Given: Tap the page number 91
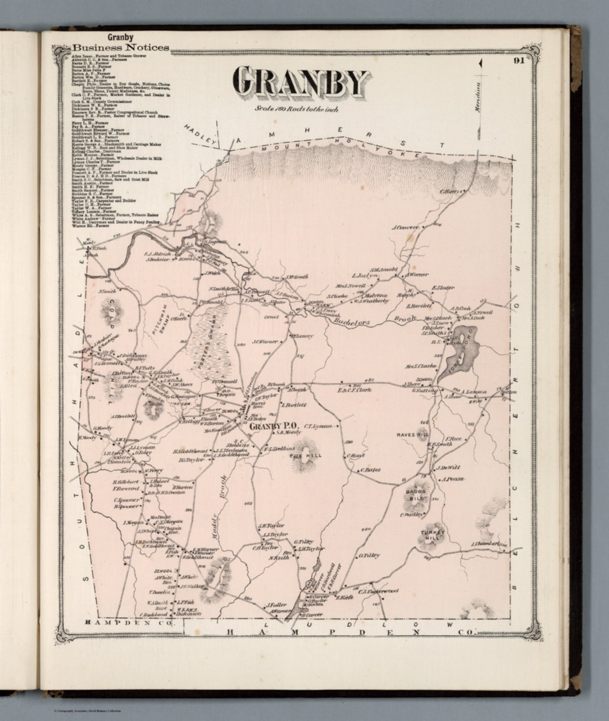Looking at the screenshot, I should pyautogui.click(x=518, y=60).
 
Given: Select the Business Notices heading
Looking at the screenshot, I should pyautogui.click(x=120, y=47).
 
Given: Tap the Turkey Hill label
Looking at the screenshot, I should pyautogui.click(x=432, y=535).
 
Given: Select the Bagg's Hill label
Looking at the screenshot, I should pyautogui.click(x=415, y=495).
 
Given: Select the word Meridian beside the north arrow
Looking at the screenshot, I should pyautogui.click(x=478, y=97).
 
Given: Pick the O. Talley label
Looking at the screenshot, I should pyautogui.click(x=369, y=555).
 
